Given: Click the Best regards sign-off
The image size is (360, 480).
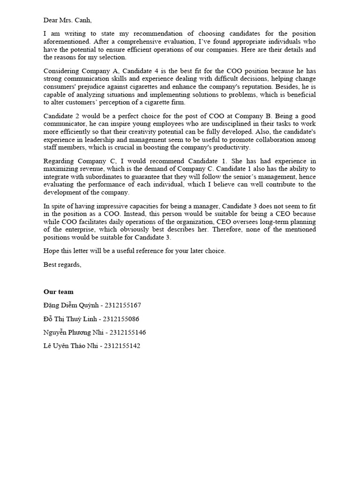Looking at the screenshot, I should pos(62,265).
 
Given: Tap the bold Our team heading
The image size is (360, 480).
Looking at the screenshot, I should pos(59,292).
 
